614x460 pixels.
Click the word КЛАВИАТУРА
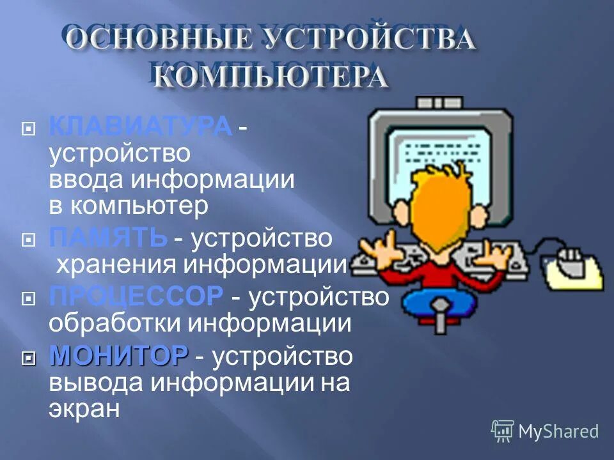[x=140, y=126]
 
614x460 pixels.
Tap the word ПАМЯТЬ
[x=107, y=238]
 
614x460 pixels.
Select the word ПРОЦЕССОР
[x=136, y=296]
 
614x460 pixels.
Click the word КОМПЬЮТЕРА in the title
[x=272, y=79]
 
